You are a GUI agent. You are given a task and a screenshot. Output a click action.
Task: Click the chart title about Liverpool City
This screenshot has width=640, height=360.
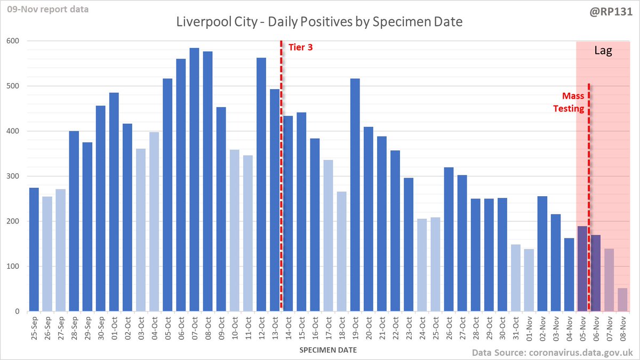(320, 23)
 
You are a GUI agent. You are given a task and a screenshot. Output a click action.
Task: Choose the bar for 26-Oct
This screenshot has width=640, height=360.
(449, 239)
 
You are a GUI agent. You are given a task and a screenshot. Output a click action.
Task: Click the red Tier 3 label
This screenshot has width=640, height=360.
(300, 47)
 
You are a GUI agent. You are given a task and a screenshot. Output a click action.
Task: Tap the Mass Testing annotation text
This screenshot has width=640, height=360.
(574, 102)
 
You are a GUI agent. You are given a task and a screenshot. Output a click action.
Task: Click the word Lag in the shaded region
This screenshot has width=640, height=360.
(603, 51)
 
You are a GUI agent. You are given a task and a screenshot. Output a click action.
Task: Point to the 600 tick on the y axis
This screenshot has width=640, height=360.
(13, 41)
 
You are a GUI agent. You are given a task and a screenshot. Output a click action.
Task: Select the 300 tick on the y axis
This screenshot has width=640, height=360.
(13, 177)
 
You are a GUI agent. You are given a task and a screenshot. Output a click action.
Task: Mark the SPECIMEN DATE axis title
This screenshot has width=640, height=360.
(328, 350)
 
